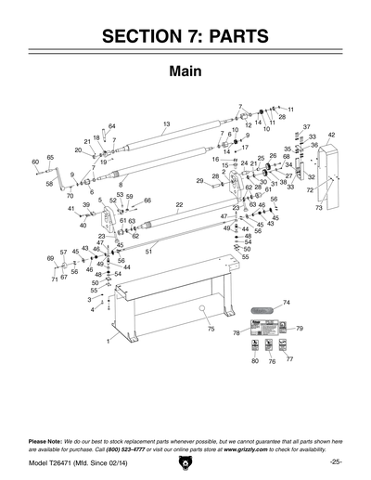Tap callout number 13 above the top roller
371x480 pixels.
coord(166,124)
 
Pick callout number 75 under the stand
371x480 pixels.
coord(211,330)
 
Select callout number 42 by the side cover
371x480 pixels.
coord(331,136)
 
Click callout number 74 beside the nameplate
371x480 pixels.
coord(286,303)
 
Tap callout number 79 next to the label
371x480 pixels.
coord(300,329)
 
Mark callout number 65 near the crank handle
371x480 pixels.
coord(50,158)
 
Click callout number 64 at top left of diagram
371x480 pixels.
coord(111,126)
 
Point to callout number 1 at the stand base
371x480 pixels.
coord(108,342)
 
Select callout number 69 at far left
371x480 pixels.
coord(50,258)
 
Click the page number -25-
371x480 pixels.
coord(334,461)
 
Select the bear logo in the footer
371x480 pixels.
coord(185,462)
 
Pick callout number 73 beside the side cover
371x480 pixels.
coord(318,208)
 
